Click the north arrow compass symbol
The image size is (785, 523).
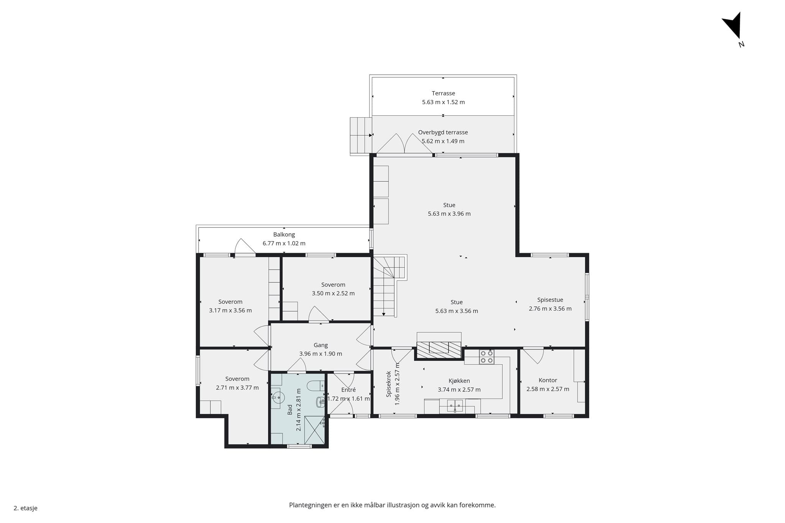tap(733, 27)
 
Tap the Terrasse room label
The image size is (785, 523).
tap(443, 93)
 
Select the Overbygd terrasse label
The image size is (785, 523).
tap(443, 132)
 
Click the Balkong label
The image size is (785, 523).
tap(284, 234)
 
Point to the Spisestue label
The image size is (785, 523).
tap(550, 300)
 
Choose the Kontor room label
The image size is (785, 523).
tap(548, 380)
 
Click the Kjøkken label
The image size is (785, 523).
tap(459, 381)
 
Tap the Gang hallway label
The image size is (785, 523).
tap(321, 345)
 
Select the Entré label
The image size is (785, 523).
tap(348, 390)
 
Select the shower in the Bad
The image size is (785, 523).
tap(314, 430)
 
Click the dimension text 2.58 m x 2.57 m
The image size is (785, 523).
tap(548, 389)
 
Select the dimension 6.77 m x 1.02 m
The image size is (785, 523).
tap(284, 243)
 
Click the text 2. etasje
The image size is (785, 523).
tap(26, 508)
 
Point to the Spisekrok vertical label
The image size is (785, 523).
tap(389, 384)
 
